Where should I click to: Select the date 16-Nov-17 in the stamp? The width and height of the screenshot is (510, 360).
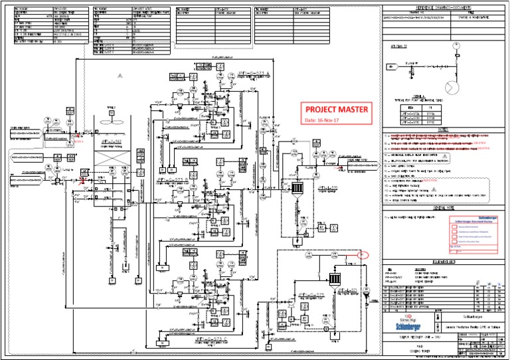click(x=321, y=120)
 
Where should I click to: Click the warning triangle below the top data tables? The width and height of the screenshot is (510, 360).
click(x=120, y=77)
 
